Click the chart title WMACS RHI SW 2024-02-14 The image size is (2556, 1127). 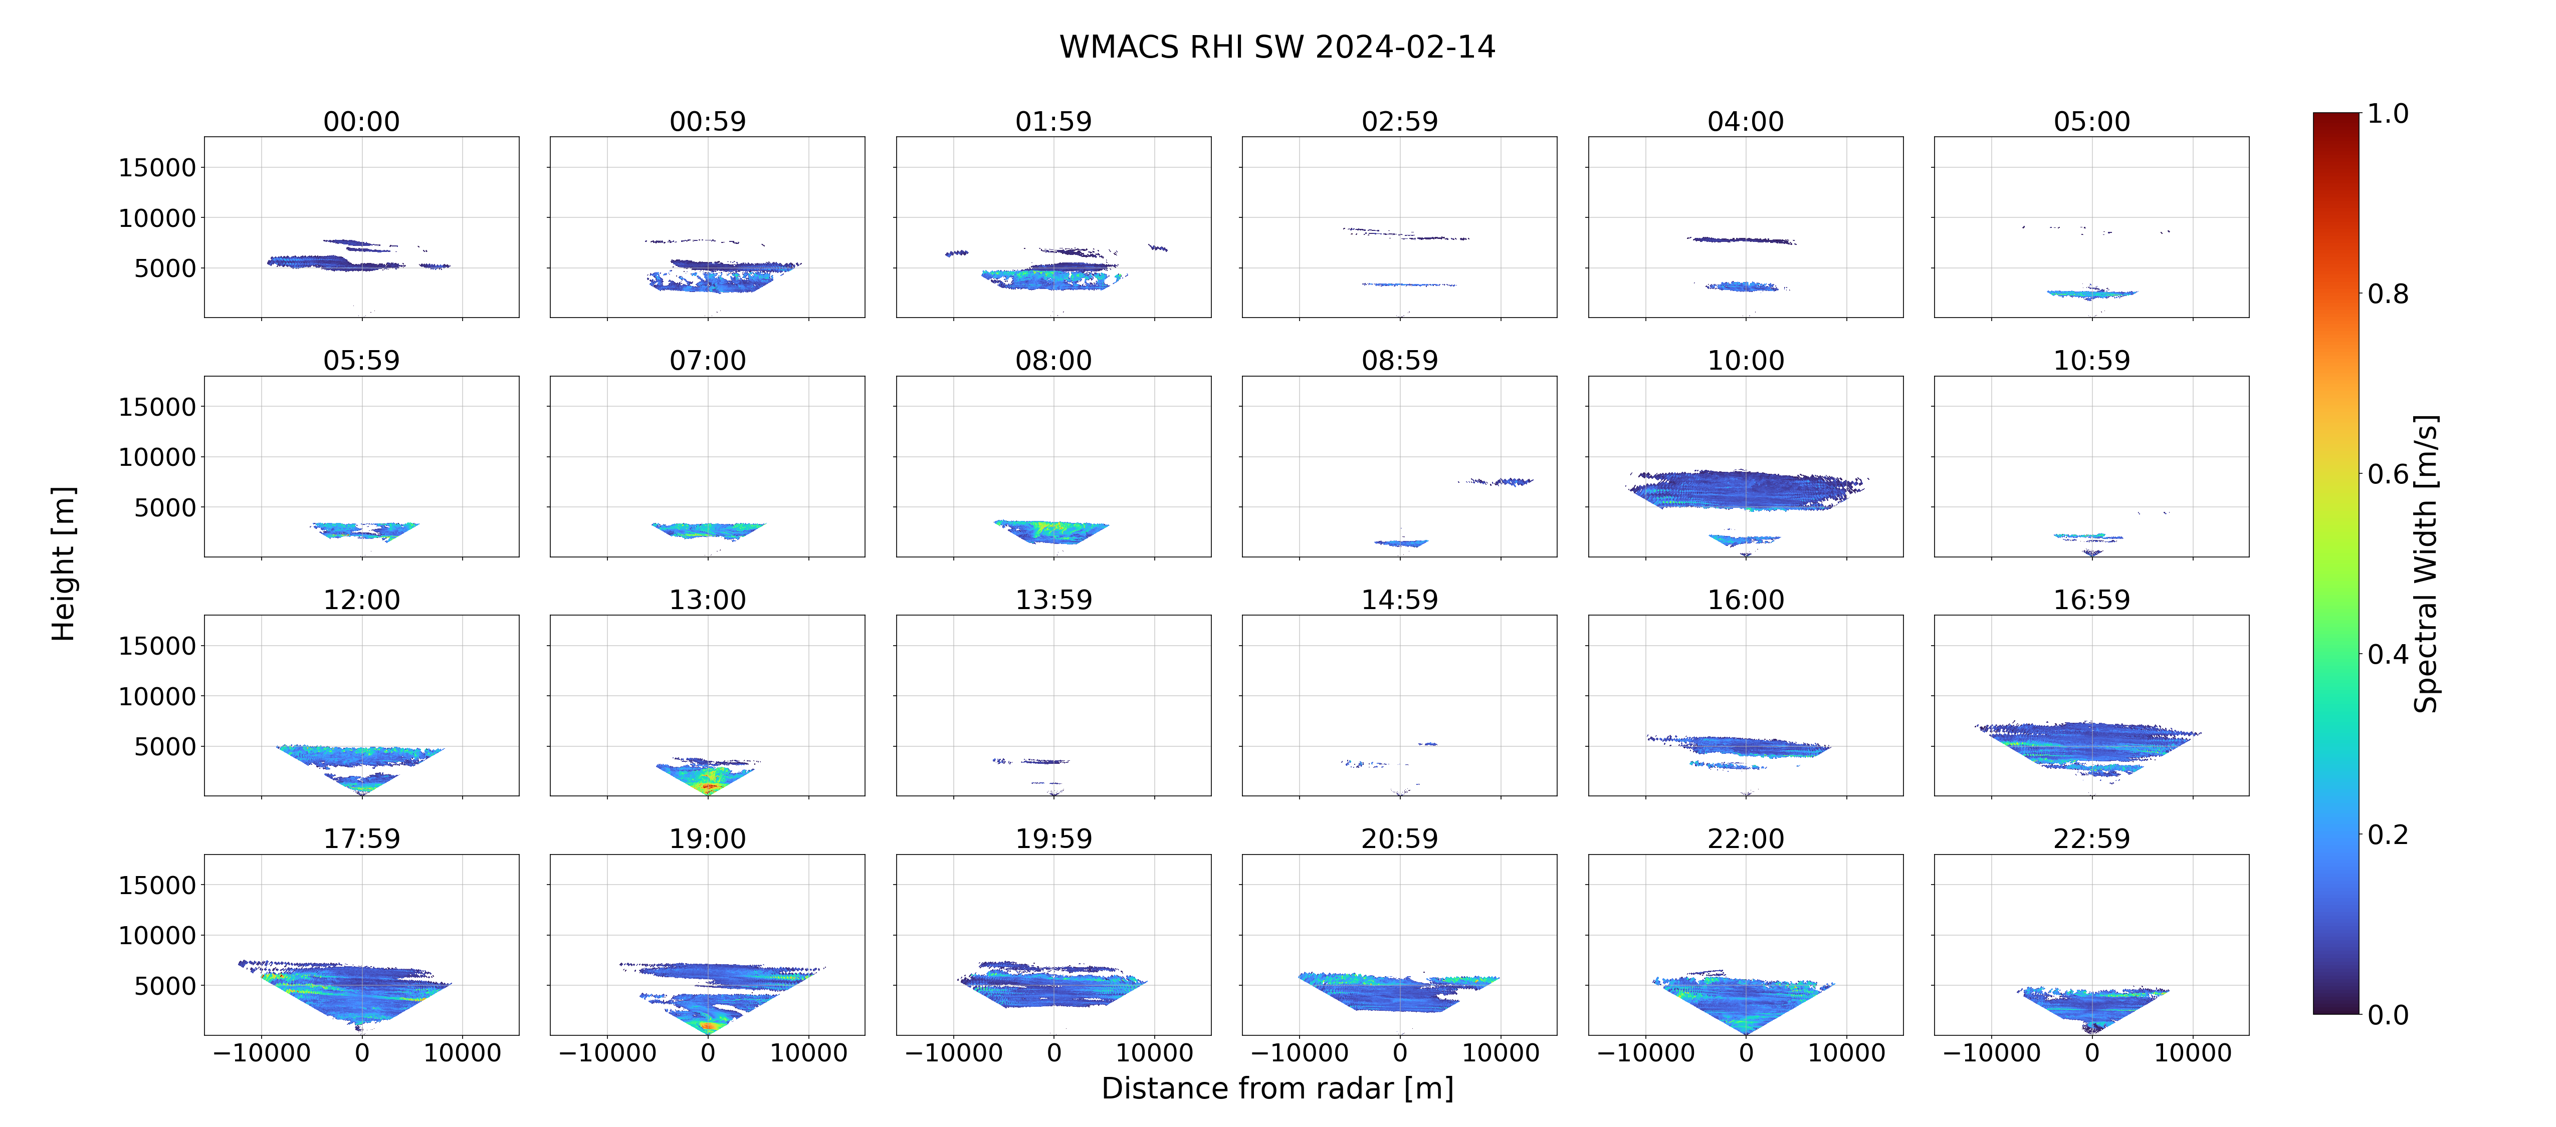click(1277, 47)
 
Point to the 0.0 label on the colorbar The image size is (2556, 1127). click(2387, 1015)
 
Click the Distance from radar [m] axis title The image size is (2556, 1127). click(1277, 1088)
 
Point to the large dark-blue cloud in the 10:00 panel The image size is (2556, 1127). click(1746, 489)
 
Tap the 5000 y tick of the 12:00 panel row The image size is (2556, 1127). click(165, 746)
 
